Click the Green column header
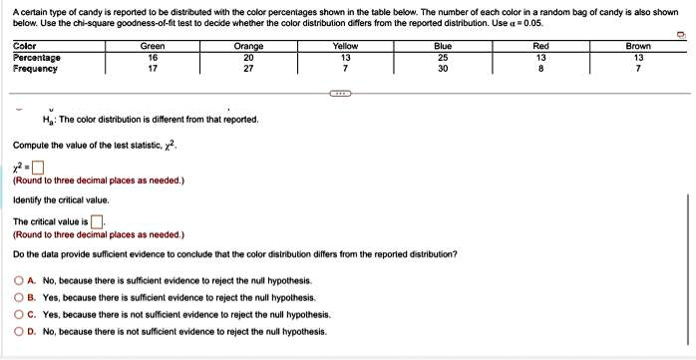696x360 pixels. [153, 46]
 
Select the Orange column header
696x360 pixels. [248, 46]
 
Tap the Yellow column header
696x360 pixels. [346, 46]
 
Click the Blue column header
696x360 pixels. [443, 46]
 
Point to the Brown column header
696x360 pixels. [638, 46]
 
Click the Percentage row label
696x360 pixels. [37, 58]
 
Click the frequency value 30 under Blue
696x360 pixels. [443, 69]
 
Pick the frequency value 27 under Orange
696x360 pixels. [248, 69]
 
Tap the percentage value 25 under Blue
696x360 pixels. [443, 58]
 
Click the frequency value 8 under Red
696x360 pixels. [540, 69]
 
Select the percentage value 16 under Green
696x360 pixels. [153, 58]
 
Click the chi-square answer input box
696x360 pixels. [36, 167]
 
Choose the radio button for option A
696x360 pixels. [20, 282]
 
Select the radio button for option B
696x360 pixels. [20, 298]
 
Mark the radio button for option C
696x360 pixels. [20, 314]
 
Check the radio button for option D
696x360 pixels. [20, 330]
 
